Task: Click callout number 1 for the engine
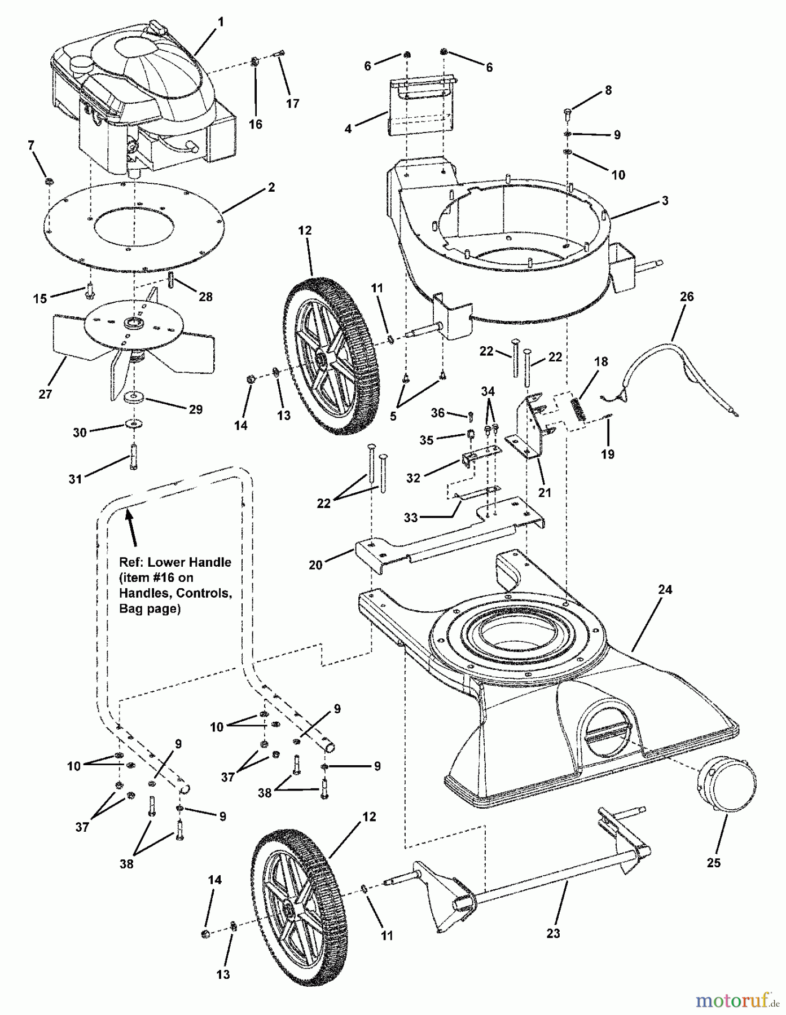point(221,22)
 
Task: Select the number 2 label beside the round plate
point(271,188)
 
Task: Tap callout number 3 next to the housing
point(665,200)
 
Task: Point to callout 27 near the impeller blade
point(45,394)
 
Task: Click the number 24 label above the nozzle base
point(665,589)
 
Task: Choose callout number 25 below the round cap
point(713,863)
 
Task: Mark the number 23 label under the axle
point(553,933)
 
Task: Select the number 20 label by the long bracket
point(315,564)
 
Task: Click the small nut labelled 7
point(49,182)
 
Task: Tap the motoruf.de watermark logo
point(733,1000)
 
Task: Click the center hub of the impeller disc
point(134,323)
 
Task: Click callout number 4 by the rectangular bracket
point(348,129)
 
